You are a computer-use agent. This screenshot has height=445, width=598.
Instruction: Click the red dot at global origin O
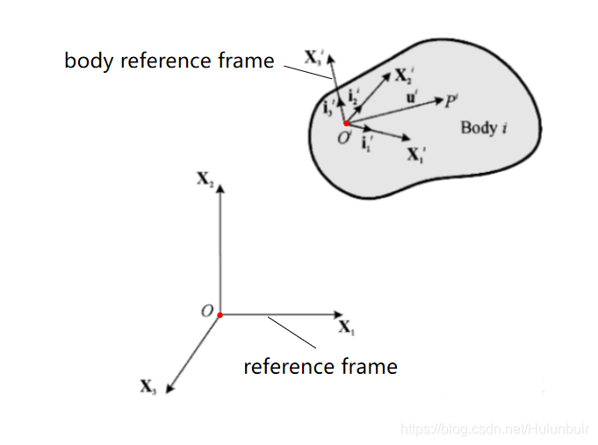tap(220, 314)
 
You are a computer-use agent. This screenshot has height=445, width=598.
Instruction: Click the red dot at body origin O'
tap(346, 124)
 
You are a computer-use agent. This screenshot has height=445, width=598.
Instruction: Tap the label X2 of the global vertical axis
tap(205, 178)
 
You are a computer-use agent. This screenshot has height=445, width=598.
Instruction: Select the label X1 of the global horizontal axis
tap(346, 327)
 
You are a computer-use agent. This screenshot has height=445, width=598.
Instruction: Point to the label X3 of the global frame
tap(148, 386)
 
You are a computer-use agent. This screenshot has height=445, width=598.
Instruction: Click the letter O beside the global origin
tap(207, 312)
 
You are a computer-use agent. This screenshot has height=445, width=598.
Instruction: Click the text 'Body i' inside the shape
tap(484, 128)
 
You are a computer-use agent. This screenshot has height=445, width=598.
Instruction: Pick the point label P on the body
tap(450, 101)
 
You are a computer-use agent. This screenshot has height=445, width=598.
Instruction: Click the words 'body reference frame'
tap(169, 61)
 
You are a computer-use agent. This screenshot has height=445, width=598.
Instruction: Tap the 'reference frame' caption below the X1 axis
tap(320, 366)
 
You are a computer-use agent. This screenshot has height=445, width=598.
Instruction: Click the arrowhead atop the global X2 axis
tap(220, 187)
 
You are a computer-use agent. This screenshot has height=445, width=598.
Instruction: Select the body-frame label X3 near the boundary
tap(313, 60)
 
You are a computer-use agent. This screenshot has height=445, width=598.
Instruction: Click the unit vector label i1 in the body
tap(369, 142)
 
